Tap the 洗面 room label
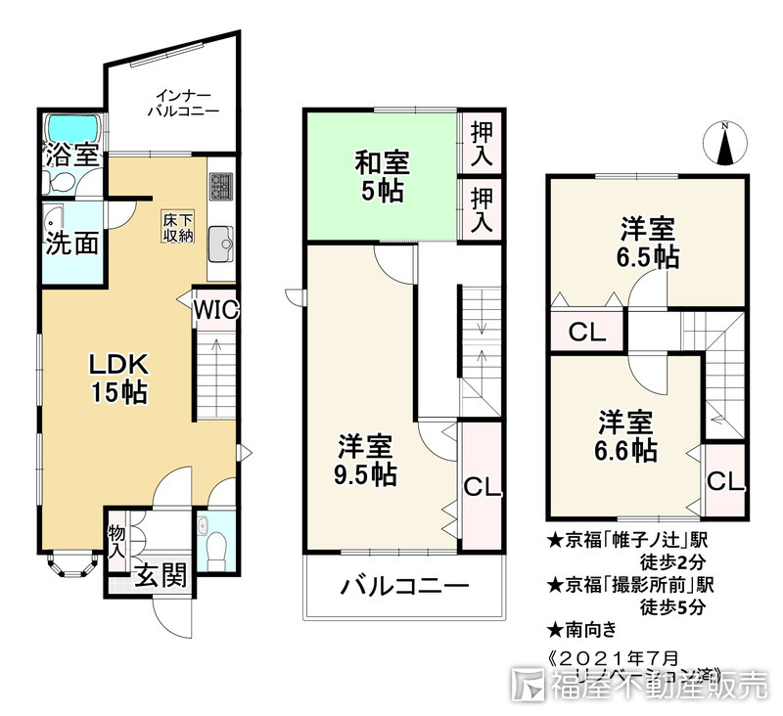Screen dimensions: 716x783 [x=72, y=243]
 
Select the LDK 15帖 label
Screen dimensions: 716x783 [x=118, y=379]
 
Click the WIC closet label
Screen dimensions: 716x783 [x=215, y=310]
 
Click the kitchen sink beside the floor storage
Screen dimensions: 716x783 [x=221, y=240]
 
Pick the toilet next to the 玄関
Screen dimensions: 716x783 [x=214, y=541]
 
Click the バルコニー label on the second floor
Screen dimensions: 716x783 [x=404, y=587]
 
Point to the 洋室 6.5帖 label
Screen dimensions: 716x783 [x=648, y=244]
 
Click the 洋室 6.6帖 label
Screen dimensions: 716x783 [x=626, y=436]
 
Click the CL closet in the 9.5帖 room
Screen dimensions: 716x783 [x=482, y=486]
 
